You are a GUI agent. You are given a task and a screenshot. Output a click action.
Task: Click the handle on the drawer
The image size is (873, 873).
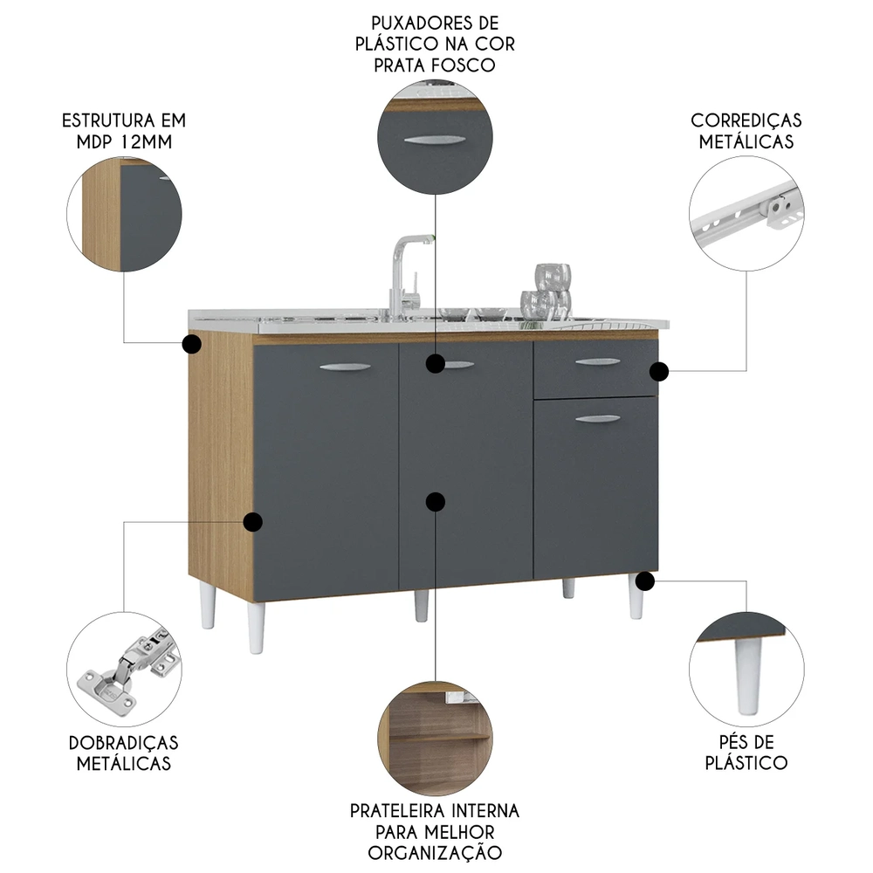click(x=598, y=361)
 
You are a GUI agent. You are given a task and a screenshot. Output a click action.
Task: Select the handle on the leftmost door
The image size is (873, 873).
click(x=346, y=368)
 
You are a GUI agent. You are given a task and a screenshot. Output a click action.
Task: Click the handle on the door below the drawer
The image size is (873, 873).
click(x=598, y=419)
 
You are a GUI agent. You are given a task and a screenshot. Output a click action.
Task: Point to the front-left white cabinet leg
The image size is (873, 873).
click(x=256, y=627)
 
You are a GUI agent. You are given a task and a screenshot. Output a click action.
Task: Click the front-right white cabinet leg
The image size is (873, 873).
click(x=636, y=601)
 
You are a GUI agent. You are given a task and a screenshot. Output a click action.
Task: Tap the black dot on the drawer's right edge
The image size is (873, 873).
click(x=660, y=372)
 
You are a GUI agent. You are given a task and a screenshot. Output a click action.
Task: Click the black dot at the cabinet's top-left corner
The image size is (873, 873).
click(x=192, y=344)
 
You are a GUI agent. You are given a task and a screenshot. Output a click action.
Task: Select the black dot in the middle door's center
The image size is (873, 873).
click(x=435, y=501)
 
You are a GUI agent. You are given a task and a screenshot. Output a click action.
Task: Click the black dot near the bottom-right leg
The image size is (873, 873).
click(x=645, y=580)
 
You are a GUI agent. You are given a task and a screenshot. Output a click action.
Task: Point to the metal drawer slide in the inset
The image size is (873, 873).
click(x=746, y=214)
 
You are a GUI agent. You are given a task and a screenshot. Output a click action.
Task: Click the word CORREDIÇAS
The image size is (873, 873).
click(x=746, y=120)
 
